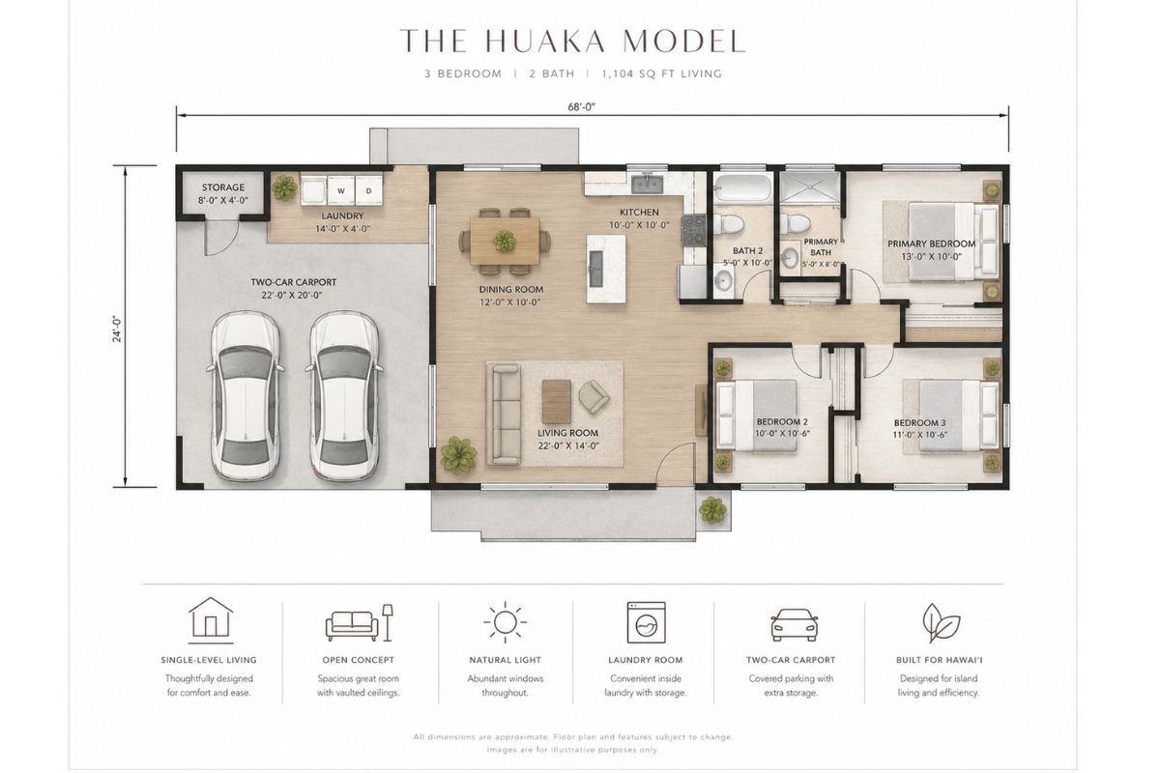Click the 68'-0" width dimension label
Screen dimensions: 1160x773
click(x=582, y=107)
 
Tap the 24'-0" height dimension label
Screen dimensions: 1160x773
click(x=119, y=329)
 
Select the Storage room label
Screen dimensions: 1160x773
click(x=223, y=193)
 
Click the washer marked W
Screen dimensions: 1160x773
click(x=340, y=190)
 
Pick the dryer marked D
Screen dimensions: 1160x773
click(x=368, y=190)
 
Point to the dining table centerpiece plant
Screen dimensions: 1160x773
click(x=505, y=242)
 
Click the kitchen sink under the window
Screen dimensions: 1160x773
click(x=648, y=184)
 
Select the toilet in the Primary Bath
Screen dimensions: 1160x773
click(x=795, y=223)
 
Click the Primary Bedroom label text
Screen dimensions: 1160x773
click(x=931, y=249)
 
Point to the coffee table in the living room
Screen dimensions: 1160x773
click(x=556, y=401)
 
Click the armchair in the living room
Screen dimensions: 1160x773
click(x=594, y=397)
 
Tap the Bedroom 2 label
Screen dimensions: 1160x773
click(x=782, y=428)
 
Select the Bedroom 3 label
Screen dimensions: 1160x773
click(x=919, y=428)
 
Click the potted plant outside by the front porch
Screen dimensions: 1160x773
click(x=712, y=510)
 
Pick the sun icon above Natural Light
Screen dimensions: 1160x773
click(x=505, y=622)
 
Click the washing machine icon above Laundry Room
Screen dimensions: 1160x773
click(x=646, y=622)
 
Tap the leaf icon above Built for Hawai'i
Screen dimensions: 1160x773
click(x=941, y=623)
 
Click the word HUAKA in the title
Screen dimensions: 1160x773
click(x=546, y=41)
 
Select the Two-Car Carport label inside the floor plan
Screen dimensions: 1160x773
click(x=293, y=288)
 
